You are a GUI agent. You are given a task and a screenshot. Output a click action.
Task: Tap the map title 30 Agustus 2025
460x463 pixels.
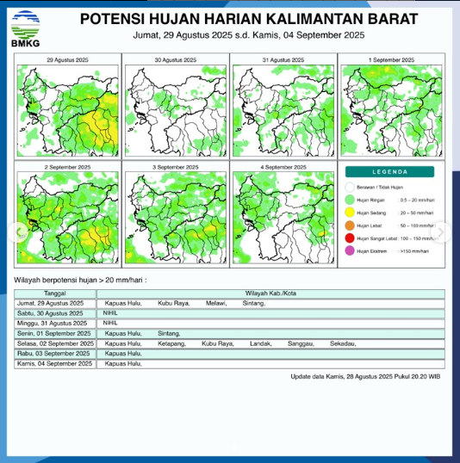(175, 60)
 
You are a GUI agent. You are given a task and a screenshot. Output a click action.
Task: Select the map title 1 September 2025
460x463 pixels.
(391, 60)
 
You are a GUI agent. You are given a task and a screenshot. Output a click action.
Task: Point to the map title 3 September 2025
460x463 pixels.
(175, 166)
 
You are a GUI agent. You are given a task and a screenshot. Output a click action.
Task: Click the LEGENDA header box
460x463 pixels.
(390, 171)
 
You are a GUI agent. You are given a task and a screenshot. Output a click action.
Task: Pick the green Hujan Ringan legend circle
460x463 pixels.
(350, 199)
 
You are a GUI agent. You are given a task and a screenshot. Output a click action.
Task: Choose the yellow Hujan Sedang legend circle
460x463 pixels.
(350, 212)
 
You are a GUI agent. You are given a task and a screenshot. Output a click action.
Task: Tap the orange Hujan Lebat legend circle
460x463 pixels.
(350, 225)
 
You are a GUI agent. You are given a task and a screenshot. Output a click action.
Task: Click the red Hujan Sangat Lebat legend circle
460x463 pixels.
(350, 238)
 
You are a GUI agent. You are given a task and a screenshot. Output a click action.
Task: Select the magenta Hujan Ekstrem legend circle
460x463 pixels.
(350, 250)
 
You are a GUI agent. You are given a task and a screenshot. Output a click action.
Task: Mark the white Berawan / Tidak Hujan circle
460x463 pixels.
(350, 186)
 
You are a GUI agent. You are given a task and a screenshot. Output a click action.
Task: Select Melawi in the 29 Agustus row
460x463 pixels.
(215, 303)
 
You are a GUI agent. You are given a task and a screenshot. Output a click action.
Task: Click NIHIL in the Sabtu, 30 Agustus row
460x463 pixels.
(110, 313)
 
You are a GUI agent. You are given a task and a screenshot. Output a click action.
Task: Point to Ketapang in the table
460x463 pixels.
(172, 343)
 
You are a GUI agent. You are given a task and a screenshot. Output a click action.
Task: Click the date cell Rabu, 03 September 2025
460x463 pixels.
(54, 354)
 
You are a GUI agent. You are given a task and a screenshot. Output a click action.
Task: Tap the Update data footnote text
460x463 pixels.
(365, 376)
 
